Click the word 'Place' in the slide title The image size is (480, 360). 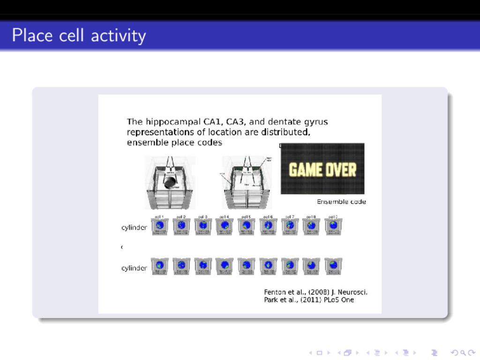[x=32, y=36]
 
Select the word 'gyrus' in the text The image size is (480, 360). [x=315, y=122]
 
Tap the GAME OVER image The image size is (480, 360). [x=322, y=169]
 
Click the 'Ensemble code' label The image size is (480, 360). [x=341, y=202]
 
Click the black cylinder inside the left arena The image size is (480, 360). [x=170, y=182]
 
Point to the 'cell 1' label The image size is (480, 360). [x=159, y=217]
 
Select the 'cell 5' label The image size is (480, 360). [x=246, y=217]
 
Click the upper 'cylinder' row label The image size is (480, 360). [x=134, y=228]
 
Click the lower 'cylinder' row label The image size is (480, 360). [x=134, y=268]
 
